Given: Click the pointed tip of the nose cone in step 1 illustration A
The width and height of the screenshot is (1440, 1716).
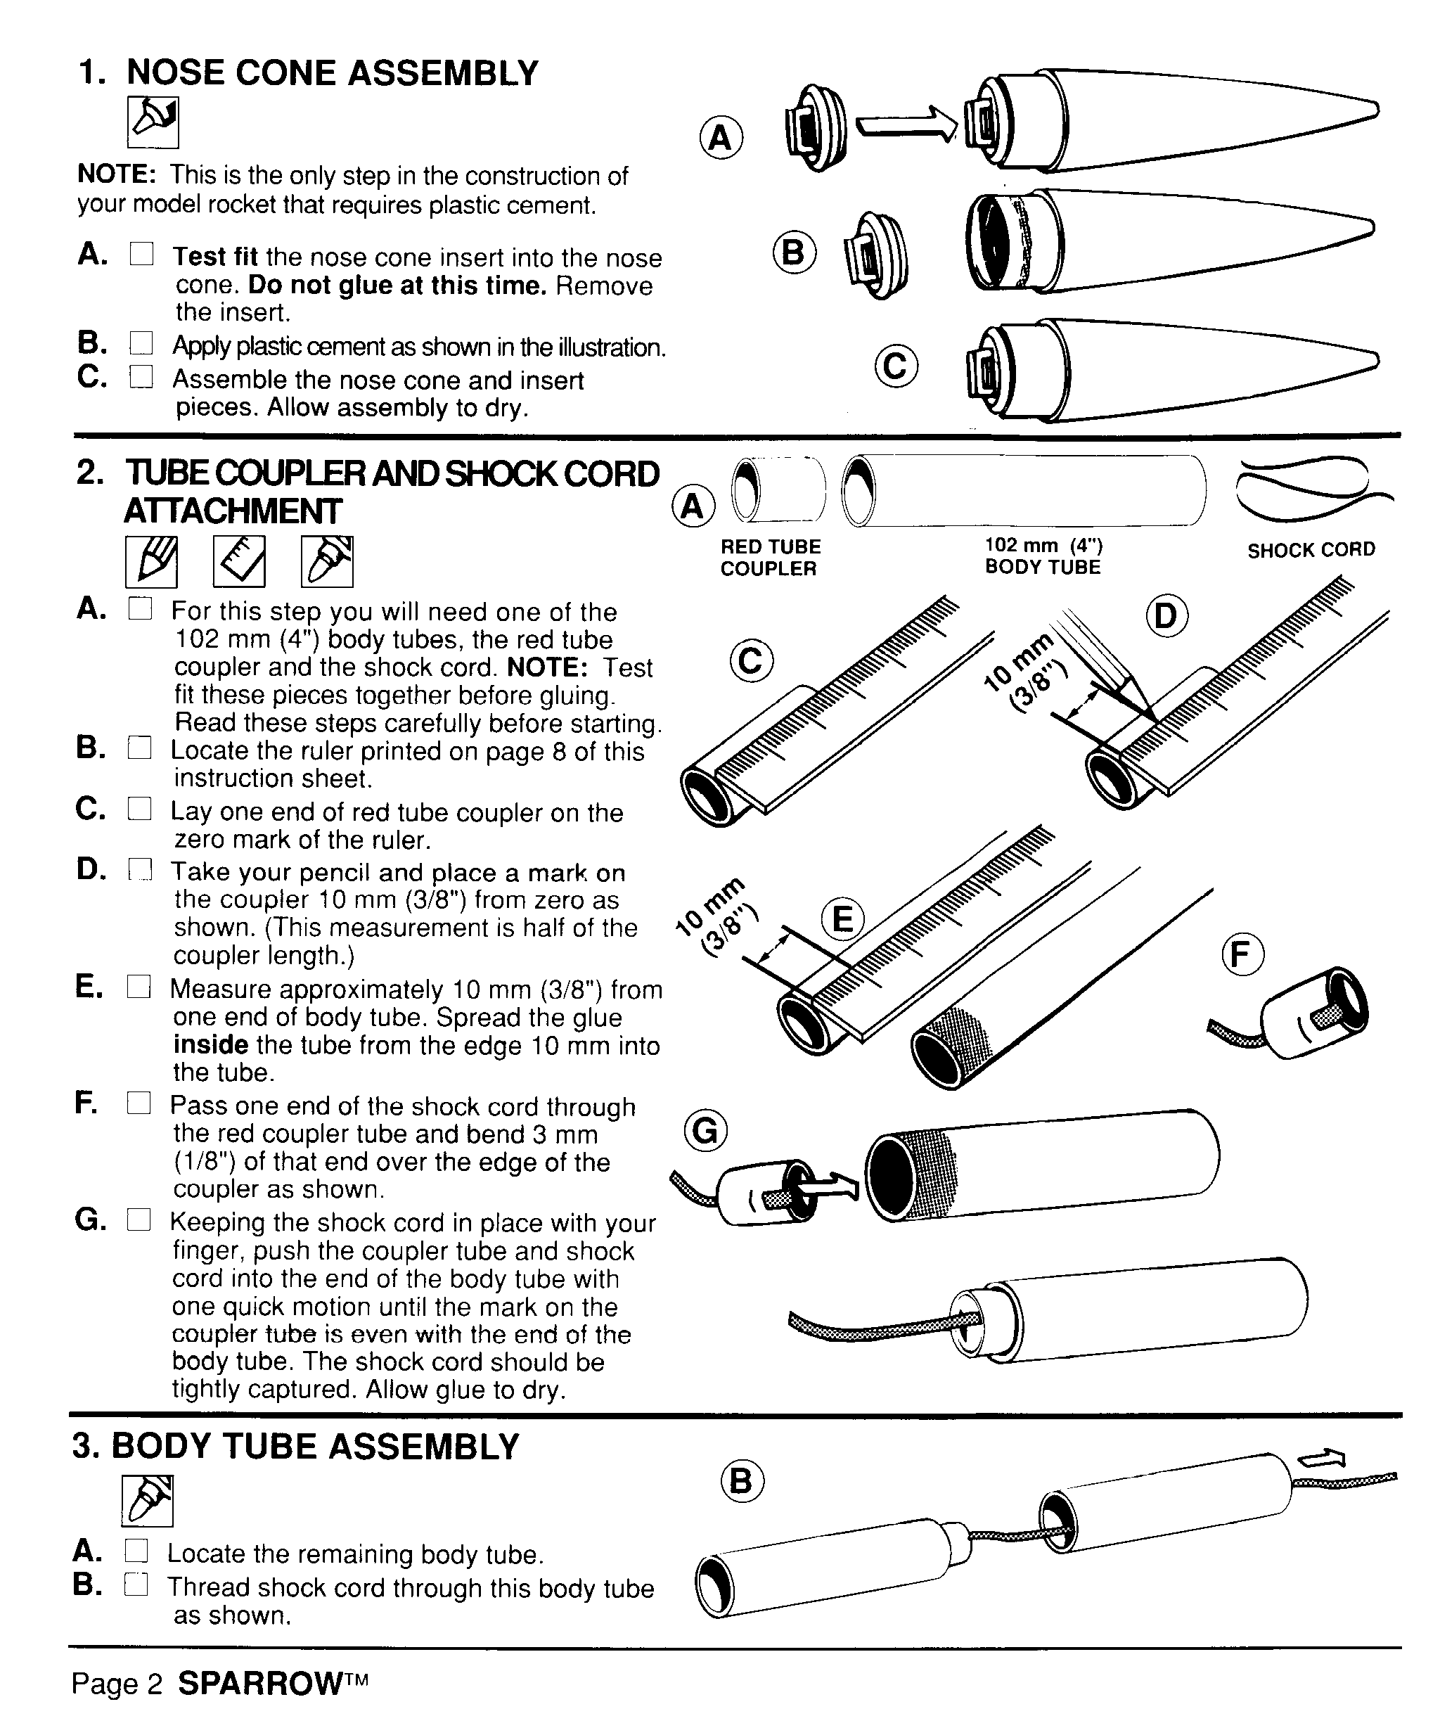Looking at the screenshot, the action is [1379, 110].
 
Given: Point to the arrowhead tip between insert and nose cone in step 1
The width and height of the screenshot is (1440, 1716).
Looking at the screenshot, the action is [957, 125].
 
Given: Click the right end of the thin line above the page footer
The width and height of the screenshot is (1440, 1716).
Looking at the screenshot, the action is [1401, 1646].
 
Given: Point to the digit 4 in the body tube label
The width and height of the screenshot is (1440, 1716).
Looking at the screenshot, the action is [1076, 546].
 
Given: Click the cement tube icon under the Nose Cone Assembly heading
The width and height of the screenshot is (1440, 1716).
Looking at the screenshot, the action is [153, 122].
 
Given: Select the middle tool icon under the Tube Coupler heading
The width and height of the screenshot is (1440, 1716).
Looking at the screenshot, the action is [239, 561].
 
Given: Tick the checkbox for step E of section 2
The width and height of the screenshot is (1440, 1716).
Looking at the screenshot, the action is [139, 987].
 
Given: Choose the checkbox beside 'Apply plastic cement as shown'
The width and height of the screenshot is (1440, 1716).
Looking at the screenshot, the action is [141, 343].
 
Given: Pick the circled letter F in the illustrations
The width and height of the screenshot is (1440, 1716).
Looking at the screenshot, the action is [1242, 954].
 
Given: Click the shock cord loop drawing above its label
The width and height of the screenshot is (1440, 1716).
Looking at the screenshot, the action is [1311, 489].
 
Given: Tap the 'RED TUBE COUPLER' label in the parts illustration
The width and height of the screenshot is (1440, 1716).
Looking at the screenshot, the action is [770, 557].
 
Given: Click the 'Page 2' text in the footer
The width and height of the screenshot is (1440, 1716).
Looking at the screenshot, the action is [117, 1684].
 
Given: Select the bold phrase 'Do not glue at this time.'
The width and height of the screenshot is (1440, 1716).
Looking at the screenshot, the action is [397, 286].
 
